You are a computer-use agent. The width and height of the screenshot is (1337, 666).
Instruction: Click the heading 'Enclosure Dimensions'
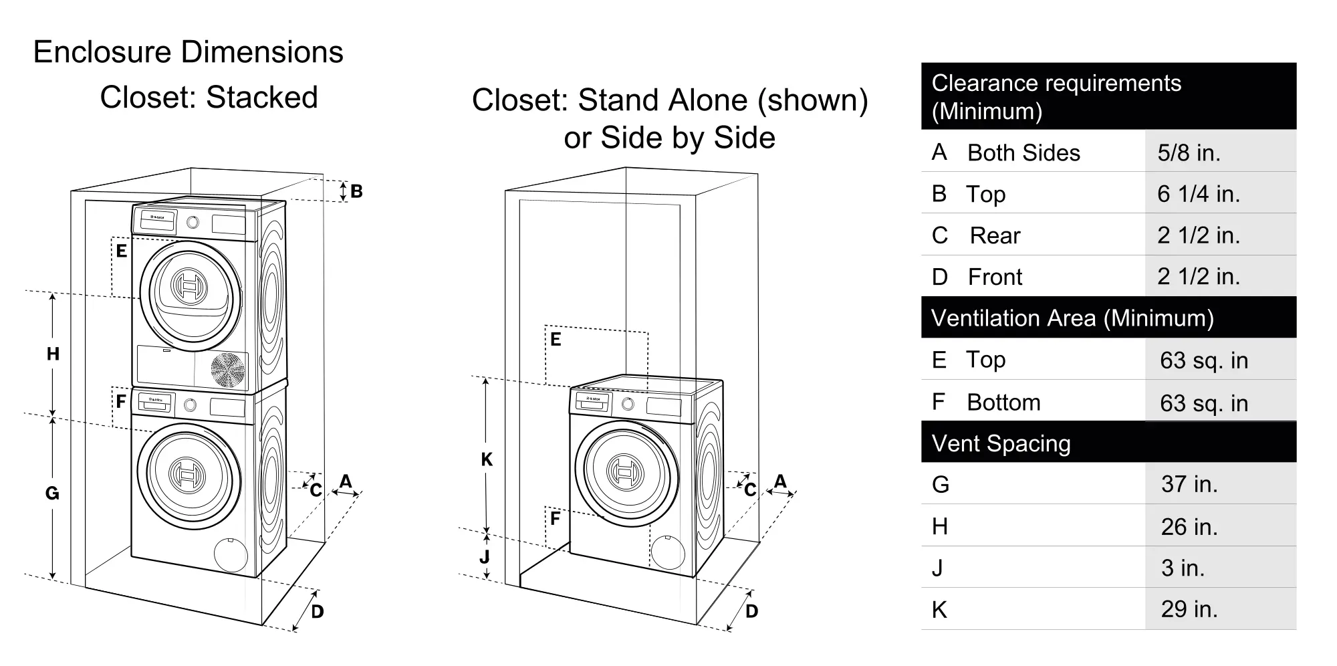(188, 52)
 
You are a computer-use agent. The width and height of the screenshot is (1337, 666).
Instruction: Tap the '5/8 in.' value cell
(1189, 152)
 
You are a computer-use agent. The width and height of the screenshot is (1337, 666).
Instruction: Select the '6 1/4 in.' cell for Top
(1199, 194)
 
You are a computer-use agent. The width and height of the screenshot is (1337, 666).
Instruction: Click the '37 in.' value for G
(1189, 483)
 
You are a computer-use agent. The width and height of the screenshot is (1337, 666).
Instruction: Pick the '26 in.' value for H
(1189, 526)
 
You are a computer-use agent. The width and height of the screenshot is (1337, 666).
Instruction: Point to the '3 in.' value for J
(1183, 568)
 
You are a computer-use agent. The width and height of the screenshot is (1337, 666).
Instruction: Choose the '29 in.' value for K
(1189, 609)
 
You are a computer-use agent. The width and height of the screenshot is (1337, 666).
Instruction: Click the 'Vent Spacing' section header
(1001, 443)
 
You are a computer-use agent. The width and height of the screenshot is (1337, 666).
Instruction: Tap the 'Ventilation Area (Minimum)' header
(1072, 318)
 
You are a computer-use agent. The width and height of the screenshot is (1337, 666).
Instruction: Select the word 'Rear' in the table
(995, 235)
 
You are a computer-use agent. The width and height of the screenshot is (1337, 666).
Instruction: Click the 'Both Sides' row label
(1023, 152)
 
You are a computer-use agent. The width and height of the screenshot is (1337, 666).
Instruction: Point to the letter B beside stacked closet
(356, 191)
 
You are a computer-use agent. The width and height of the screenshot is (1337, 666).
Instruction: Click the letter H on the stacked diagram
(53, 354)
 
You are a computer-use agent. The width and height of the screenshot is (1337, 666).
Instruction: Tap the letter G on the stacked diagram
(52, 493)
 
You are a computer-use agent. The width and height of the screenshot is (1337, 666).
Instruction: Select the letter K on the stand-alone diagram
(487, 459)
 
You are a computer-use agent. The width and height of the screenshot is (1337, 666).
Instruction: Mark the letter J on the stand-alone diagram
(485, 556)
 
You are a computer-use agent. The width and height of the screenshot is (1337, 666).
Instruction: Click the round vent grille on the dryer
(228, 370)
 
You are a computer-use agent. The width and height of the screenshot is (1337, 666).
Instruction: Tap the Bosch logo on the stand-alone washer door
(624, 470)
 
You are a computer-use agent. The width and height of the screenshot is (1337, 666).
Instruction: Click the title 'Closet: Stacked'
(209, 98)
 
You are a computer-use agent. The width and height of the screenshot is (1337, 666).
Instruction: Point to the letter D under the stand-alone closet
(751, 611)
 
